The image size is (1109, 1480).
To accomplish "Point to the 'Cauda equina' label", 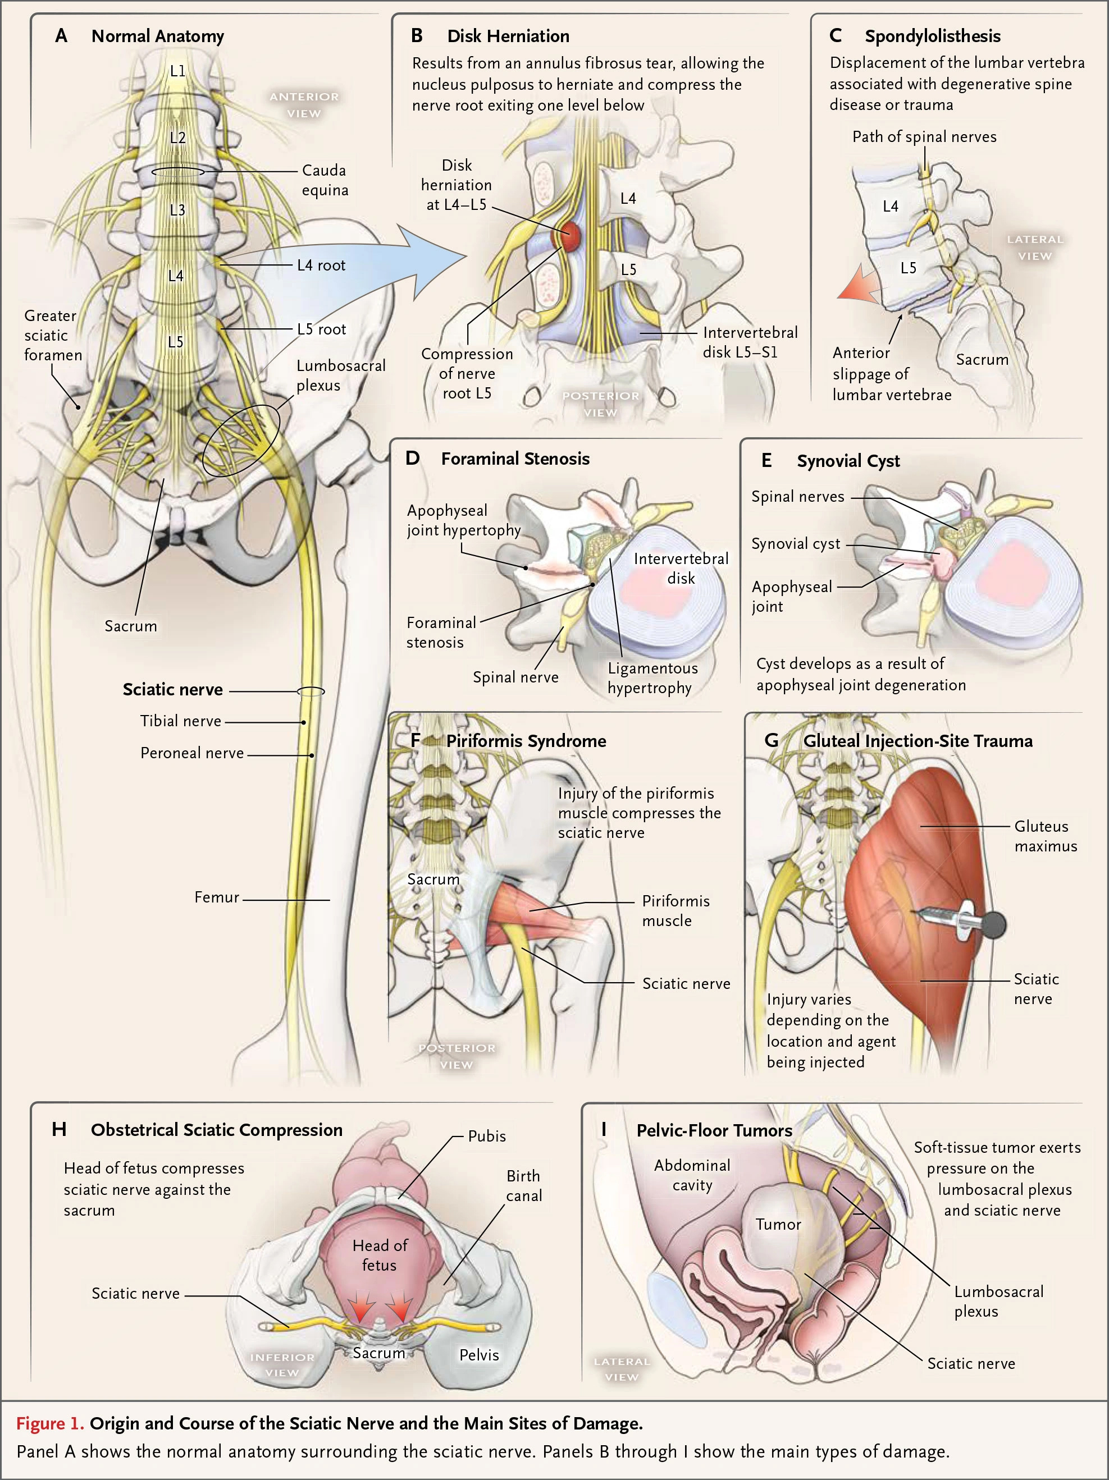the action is pos(325,180).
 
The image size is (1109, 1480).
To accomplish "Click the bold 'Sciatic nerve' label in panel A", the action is pos(173,690).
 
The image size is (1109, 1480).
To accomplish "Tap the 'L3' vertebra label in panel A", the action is pos(177,210).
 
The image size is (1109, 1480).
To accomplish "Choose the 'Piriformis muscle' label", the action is pos(676,910).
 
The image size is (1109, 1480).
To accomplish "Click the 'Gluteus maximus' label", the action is pos(1046,836).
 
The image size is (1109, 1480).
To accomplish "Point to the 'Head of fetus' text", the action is pos(380,1255).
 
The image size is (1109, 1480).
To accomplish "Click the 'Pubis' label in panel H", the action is pos(487,1136).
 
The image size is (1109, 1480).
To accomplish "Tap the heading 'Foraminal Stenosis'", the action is pos(515,459).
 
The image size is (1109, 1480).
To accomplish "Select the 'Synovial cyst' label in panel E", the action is pos(795,544).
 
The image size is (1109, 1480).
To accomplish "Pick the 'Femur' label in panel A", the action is pos(216,897).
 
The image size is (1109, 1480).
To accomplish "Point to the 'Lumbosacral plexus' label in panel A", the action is pos(341,375).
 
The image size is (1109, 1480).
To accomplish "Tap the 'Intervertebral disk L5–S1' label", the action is pos(750,342).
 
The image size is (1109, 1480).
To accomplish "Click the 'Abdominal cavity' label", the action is pos(692,1175).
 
